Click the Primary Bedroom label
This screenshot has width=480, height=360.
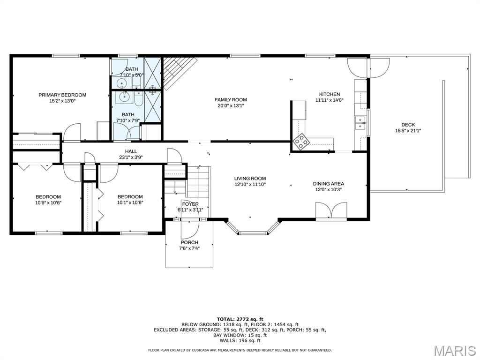62,95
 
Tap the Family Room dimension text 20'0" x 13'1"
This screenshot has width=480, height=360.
231,105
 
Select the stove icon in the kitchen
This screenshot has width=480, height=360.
301,142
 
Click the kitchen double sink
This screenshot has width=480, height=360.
360,123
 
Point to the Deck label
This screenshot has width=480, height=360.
408,125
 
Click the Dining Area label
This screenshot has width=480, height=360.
328,184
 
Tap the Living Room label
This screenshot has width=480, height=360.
250,179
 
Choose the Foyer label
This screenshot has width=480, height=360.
190,204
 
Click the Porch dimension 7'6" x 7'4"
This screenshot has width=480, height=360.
189,248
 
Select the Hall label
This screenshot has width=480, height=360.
131,151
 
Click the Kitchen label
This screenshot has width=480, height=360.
330,94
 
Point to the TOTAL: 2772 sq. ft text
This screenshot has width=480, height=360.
240,319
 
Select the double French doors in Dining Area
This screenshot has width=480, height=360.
331,210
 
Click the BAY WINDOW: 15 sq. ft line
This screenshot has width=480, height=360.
240,335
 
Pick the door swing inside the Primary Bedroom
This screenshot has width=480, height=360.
72,132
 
